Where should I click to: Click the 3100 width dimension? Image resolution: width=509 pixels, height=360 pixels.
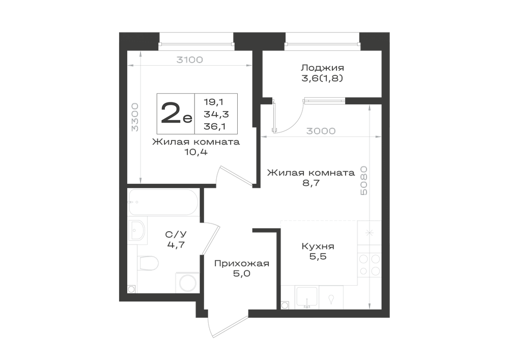189,60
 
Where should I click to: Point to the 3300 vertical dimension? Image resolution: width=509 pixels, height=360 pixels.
135,117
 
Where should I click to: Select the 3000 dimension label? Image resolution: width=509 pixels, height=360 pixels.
321,131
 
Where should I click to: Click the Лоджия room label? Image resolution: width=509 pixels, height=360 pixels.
322,68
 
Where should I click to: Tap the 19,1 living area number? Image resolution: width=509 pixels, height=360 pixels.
213,102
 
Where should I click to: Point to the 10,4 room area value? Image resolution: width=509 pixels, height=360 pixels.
196,152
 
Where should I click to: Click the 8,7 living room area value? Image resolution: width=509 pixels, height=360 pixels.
311,183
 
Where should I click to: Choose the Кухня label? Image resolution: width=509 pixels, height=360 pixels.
318,246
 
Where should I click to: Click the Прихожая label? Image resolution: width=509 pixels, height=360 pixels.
241,263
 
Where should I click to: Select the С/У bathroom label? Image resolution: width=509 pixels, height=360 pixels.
176,234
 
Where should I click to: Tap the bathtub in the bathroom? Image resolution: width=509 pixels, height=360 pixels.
163,202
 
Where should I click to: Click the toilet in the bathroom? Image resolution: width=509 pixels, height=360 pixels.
148,263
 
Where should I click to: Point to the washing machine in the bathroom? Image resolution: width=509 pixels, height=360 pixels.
187,283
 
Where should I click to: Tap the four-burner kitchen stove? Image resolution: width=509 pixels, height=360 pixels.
370,265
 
